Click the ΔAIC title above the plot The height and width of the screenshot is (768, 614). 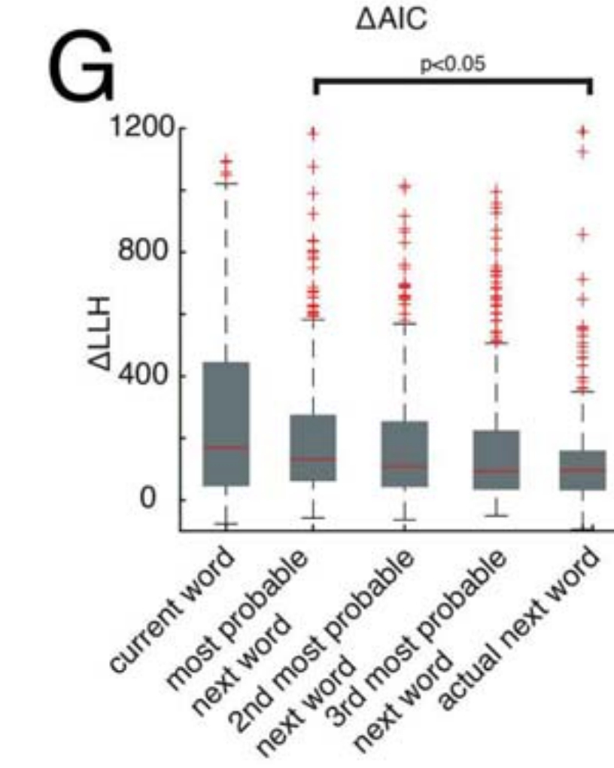pyautogui.click(x=391, y=21)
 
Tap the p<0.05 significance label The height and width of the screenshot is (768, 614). pyautogui.click(x=452, y=65)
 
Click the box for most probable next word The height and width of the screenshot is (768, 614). pyautogui.click(x=313, y=447)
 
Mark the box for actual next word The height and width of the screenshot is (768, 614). pyautogui.click(x=582, y=470)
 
